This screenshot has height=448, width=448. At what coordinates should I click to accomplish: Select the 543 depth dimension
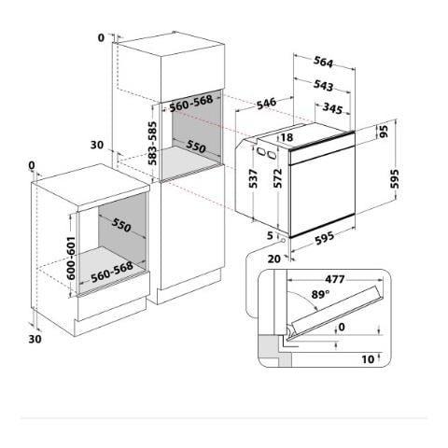324,85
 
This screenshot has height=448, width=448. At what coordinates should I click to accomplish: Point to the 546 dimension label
267,104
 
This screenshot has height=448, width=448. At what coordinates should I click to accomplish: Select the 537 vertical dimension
252,177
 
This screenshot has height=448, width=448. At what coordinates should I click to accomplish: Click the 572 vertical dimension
277,177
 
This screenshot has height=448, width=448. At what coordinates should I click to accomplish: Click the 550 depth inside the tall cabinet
195,147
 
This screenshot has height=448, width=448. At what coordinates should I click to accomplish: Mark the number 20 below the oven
274,258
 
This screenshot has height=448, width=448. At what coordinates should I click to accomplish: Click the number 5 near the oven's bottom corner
270,235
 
